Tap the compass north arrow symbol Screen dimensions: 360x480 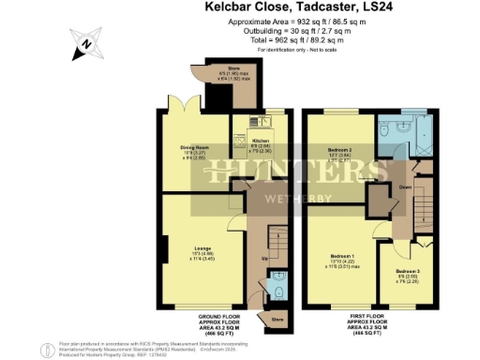point(84,43)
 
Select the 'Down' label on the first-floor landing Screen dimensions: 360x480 point(404,186)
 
